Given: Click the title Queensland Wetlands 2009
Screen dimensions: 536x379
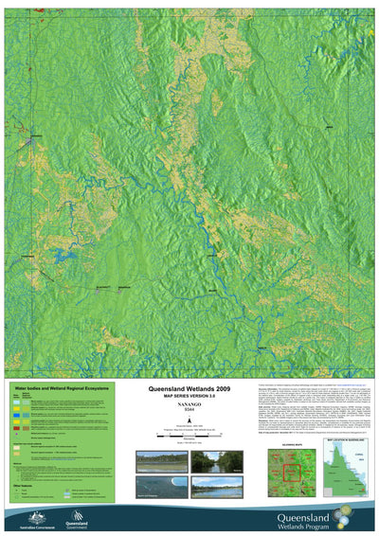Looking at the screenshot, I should [189, 388].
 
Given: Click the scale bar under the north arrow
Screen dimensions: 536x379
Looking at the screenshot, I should [189, 434].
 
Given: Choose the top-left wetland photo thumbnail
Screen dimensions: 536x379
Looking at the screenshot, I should [160, 461].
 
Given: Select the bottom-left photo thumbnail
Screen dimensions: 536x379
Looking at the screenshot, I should [160, 486].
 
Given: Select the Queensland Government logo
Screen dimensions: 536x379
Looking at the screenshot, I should [78, 517].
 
